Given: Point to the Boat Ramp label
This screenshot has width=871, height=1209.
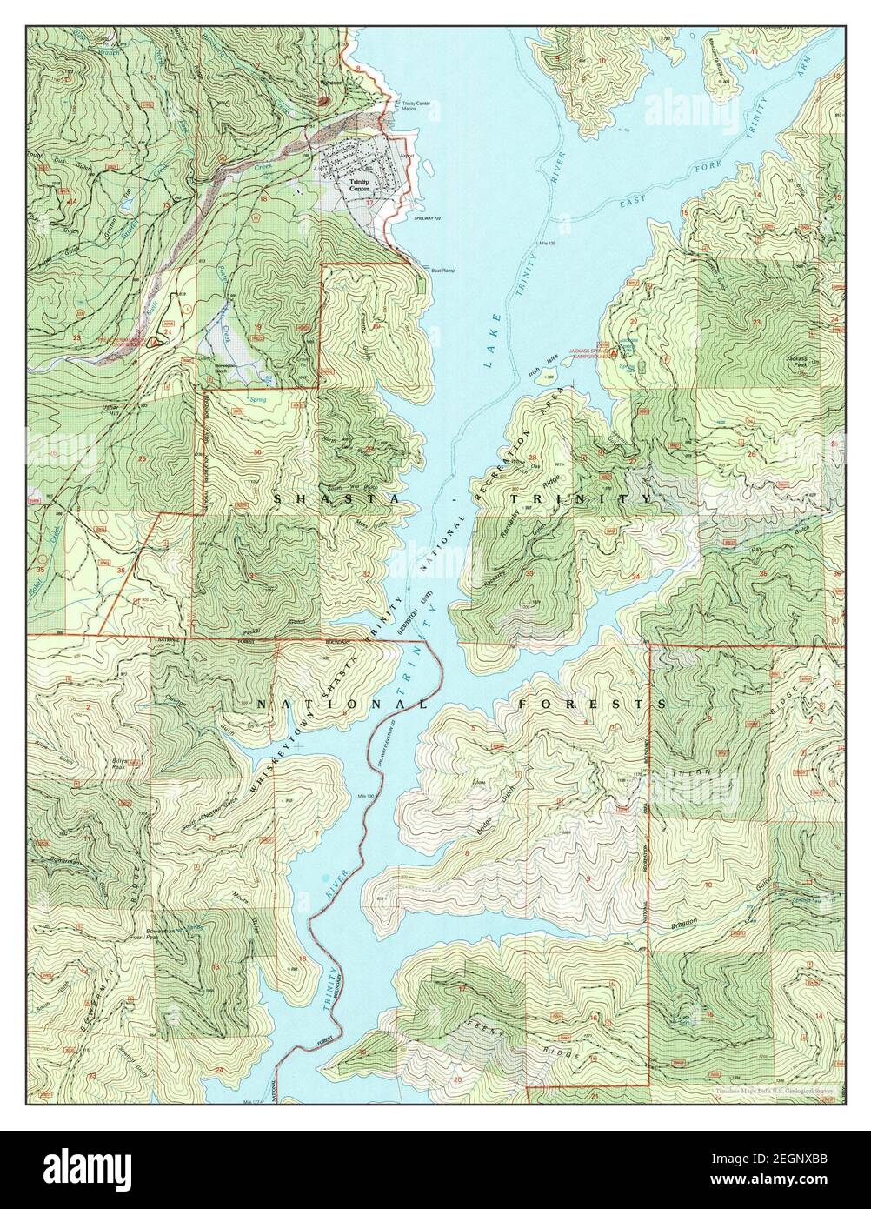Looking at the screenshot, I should (x=443, y=271).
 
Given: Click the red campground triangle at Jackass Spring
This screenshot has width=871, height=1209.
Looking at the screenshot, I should (x=615, y=353).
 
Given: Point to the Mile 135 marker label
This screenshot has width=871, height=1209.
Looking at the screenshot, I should (x=546, y=244).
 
